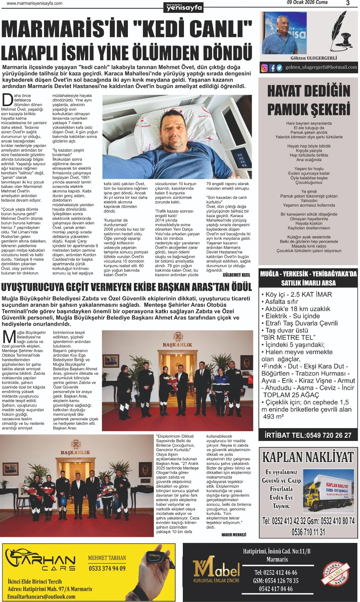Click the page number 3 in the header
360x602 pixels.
[348, 3]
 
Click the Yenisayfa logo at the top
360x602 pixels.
[184, 7]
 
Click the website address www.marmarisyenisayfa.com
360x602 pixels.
[35, 3]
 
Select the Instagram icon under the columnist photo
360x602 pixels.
[264, 68]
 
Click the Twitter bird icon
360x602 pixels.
[279, 68]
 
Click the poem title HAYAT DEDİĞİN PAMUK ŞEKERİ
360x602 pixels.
[308, 100]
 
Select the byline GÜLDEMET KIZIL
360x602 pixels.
[236, 275]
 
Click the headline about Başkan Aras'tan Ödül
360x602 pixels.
[126, 287]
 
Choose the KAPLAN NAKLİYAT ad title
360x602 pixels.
[308, 457]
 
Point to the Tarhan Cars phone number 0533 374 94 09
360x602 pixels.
[107, 568]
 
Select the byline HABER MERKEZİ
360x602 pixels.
[234, 535]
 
